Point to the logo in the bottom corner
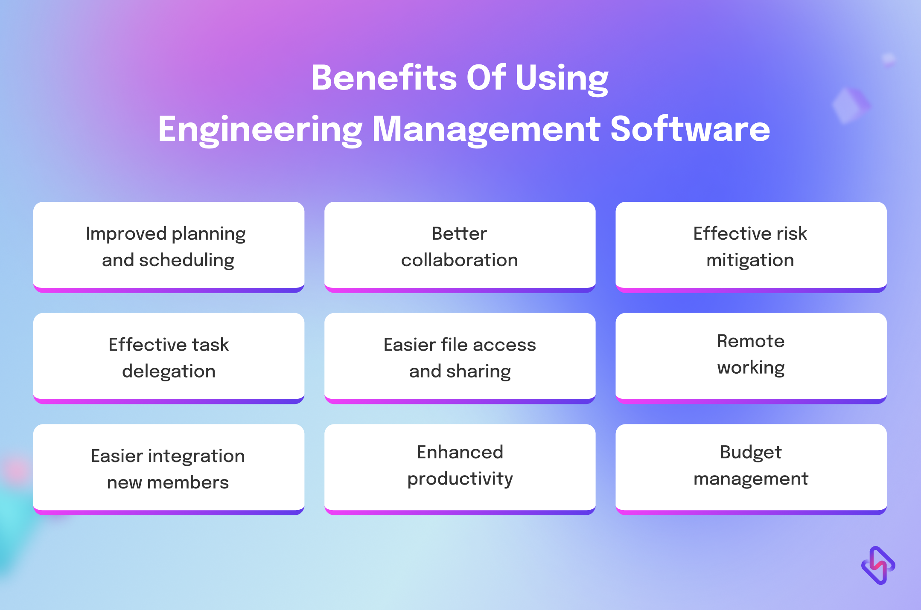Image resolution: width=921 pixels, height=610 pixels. click(x=878, y=565)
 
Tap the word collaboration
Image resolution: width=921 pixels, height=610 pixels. click(x=460, y=260)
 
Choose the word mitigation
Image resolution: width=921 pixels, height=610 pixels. click(x=750, y=261)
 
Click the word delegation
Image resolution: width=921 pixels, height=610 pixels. click(x=169, y=372)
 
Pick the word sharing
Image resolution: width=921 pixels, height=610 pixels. click(x=478, y=372)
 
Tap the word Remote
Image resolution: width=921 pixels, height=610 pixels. click(x=751, y=341)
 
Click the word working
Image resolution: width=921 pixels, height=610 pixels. click(x=751, y=368)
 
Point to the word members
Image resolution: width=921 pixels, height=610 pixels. click(x=188, y=482)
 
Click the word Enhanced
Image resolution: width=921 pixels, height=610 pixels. click(x=460, y=452)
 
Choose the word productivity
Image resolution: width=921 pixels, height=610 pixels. click(x=460, y=479)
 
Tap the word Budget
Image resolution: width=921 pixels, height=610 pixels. click(x=751, y=453)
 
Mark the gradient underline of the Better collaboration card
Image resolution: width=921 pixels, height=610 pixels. click(x=460, y=290)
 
